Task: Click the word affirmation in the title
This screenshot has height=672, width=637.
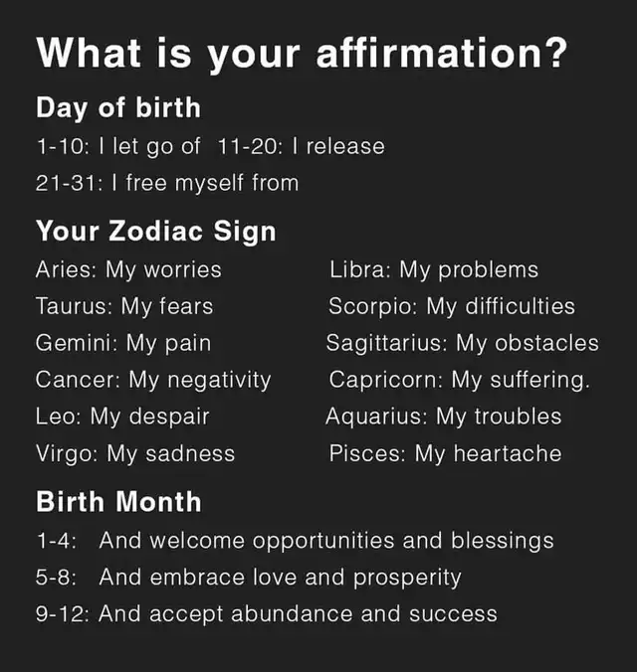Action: pyautogui.click(x=430, y=53)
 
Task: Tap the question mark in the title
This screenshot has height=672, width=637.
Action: pyautogui.click(x=556, y=53)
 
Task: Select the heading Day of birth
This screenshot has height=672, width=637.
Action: pyautogui.click(x=118, y=108)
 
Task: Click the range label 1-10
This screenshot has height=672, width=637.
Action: pyautogui.click(x=63, y=146)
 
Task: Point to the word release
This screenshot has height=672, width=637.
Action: pyautogui.click(x=345, y=146)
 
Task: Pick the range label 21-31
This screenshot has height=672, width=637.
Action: pyautogui.click(x=69, y=183)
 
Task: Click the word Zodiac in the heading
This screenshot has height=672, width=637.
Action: pyautogui.click(x=156, y=231)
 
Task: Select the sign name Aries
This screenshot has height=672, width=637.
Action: pyautogui.click(x=66, y=269)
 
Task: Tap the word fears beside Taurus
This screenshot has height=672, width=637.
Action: pyautogui.click(x=186, y=306)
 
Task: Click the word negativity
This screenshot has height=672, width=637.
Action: pyautogui.click(x=219, y=381)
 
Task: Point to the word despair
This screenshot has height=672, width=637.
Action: pyautogui.click(x=169, y=418)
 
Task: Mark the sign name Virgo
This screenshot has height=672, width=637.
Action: pyautogui.click(x=67, y=454)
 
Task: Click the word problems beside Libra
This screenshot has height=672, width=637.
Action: pyautogui.click(x=488, y=270)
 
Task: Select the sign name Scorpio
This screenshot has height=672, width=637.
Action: pyautogui.click(x=372, y=307)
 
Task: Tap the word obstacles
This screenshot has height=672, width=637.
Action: pyautogui.click(x=546, y=343)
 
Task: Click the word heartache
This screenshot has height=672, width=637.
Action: pyautogui.click(x=508, y=453)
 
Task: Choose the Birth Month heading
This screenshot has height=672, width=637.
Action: pyautogui.click(x=118, y=501)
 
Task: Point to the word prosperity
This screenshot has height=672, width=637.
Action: pyautogui.click(x=407, y=578)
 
